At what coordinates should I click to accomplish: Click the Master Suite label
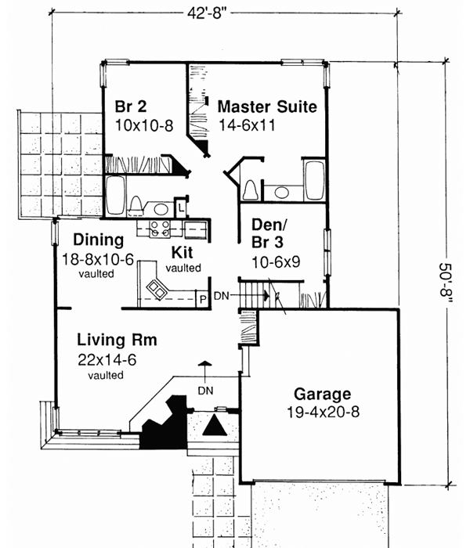[267, 106]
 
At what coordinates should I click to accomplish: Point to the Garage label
[322, 394]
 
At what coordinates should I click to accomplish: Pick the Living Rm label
[117, 341]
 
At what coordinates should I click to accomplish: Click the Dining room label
[99, 240]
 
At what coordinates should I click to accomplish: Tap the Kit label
[183, 252]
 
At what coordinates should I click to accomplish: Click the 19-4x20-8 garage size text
[323, 413]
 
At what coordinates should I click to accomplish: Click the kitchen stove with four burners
[160, 229]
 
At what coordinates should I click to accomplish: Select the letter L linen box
[180, 208]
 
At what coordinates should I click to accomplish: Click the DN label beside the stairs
[222, 295]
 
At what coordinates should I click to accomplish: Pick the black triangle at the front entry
[213, 425]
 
